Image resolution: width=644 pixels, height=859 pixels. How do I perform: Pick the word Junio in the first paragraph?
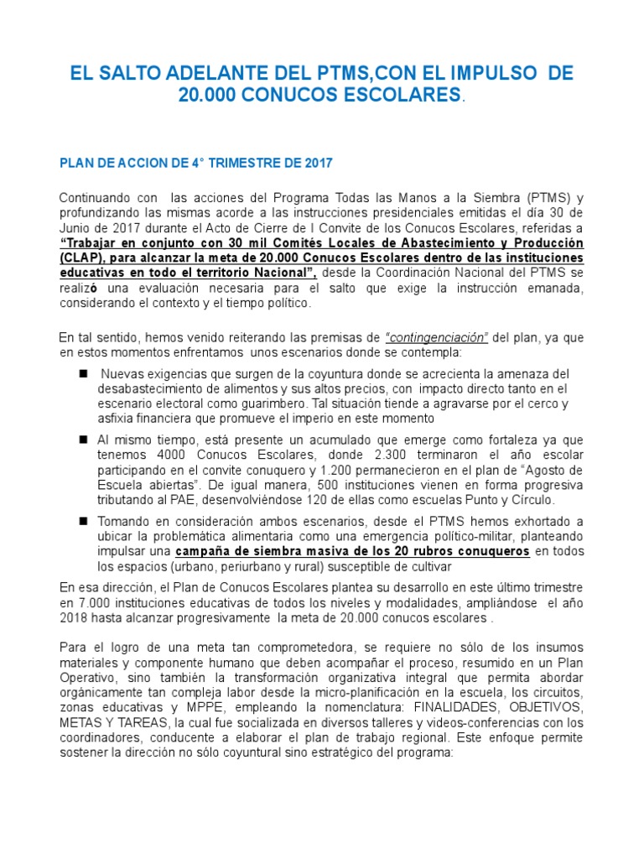[78, 227]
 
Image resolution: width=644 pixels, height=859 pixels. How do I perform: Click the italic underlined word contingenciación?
[437, 337]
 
